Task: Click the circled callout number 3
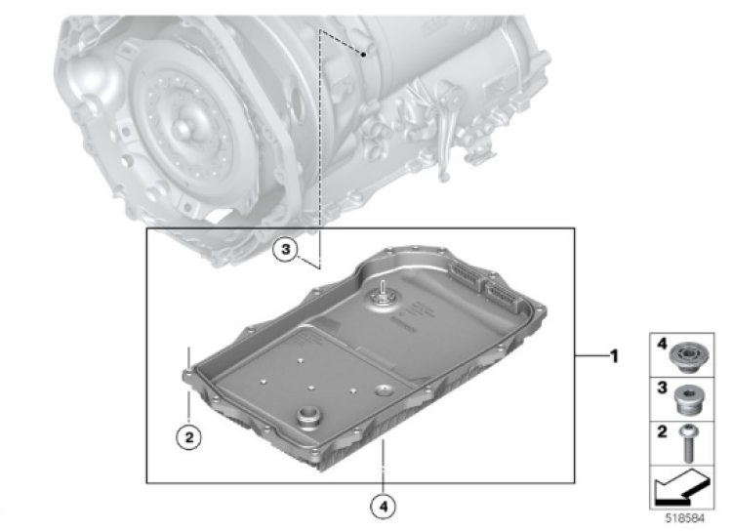tap(286, 250)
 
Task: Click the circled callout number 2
tap(188, 437)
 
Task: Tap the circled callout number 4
tap(383, 507)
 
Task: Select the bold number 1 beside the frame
tap(614, 356)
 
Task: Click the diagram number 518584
tap(684, 518)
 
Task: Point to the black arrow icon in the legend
tap(682, 488)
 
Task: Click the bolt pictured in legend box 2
tap(688, 443)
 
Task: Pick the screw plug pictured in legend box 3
tap(688, 400)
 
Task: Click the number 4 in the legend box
tap(662, 345)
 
